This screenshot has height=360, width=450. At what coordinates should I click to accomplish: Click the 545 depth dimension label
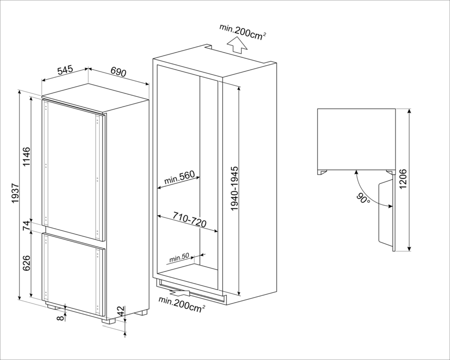coord(65,70)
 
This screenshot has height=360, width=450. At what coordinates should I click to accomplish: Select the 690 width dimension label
coord(118,72)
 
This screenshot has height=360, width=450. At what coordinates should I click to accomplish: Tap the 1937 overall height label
coord(15,193)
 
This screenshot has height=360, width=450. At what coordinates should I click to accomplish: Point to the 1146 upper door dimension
coord(26,157)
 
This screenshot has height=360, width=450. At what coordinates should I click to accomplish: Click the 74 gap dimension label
coord(26,225)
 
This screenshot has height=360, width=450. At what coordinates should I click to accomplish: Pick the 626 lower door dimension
coord(26,263)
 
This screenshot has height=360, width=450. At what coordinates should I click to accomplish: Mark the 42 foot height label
coord(121,311)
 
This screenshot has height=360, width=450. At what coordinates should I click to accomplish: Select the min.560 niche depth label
coord(179,178)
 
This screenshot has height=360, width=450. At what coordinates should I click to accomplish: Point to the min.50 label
coord(179,258)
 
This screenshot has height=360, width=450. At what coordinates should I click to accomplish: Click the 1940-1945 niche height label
coord(235,188)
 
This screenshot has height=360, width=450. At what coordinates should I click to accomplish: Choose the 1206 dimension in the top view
coord(403,179)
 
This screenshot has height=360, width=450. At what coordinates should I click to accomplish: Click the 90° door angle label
coord(363,198)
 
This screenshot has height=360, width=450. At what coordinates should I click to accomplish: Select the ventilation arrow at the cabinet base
coord(179,293)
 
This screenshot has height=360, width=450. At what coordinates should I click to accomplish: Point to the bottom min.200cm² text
coord(182,304)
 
